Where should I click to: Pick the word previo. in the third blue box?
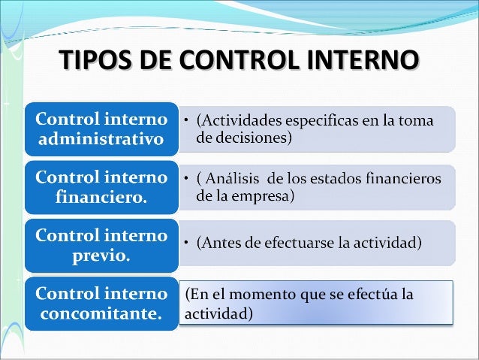point(101,256)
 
